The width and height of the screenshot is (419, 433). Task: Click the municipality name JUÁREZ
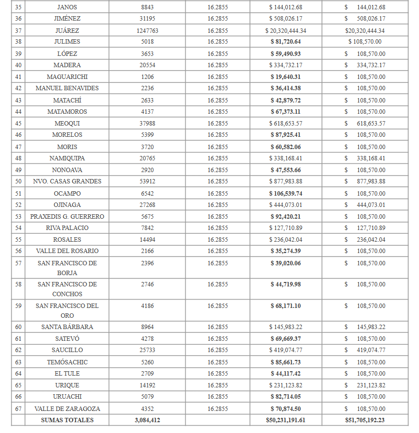pyautogui.click(x=67, y=30)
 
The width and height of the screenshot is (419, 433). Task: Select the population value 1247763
pyautogui.click(x=147, y=30)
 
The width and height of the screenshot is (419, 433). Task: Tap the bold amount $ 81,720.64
pyautogui.click(x=286, y=42)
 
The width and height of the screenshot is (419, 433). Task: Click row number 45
pyautogui.click(x=19, y=124)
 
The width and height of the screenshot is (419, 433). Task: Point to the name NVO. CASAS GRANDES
pyautogui.click(x=67, y=181)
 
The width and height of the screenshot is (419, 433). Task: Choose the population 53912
pyautogui.click(x=147, y=181)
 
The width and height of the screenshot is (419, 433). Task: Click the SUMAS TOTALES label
pyautogui.click(x=67, y=420)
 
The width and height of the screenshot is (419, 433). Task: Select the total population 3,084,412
pyautogui.click(x=147, y=420)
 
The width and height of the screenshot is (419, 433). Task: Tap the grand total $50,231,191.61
pyautogui.click(x=286, y=420)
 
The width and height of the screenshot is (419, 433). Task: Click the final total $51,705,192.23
pyautogui.click(x=365, y=420)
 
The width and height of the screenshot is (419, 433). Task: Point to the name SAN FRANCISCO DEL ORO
pyautogui.click(x=67, y=311)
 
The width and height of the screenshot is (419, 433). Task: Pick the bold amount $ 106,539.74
pyautogui.click(x=286, y=194)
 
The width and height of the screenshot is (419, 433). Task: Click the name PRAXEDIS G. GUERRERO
pyautogui.click(x=67, y=217)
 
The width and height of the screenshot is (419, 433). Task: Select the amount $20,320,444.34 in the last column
pyautogui.click(x=365, y=30)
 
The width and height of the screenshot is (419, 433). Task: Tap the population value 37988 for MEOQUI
pyautogui.click(x=147, y=124)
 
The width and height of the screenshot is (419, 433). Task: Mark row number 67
pyautogui.click(x=19, y=409)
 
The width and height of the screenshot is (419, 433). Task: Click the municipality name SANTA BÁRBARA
pyautogui.click(x=67, y=327)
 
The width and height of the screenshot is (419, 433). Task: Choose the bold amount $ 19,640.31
pyautogui.click(x=286, y=77)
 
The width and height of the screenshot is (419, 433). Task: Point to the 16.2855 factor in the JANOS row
pyautogui.click(x=218, y=7)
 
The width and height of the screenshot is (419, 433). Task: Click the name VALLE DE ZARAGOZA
pyautogui.click(x=67, y=409)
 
